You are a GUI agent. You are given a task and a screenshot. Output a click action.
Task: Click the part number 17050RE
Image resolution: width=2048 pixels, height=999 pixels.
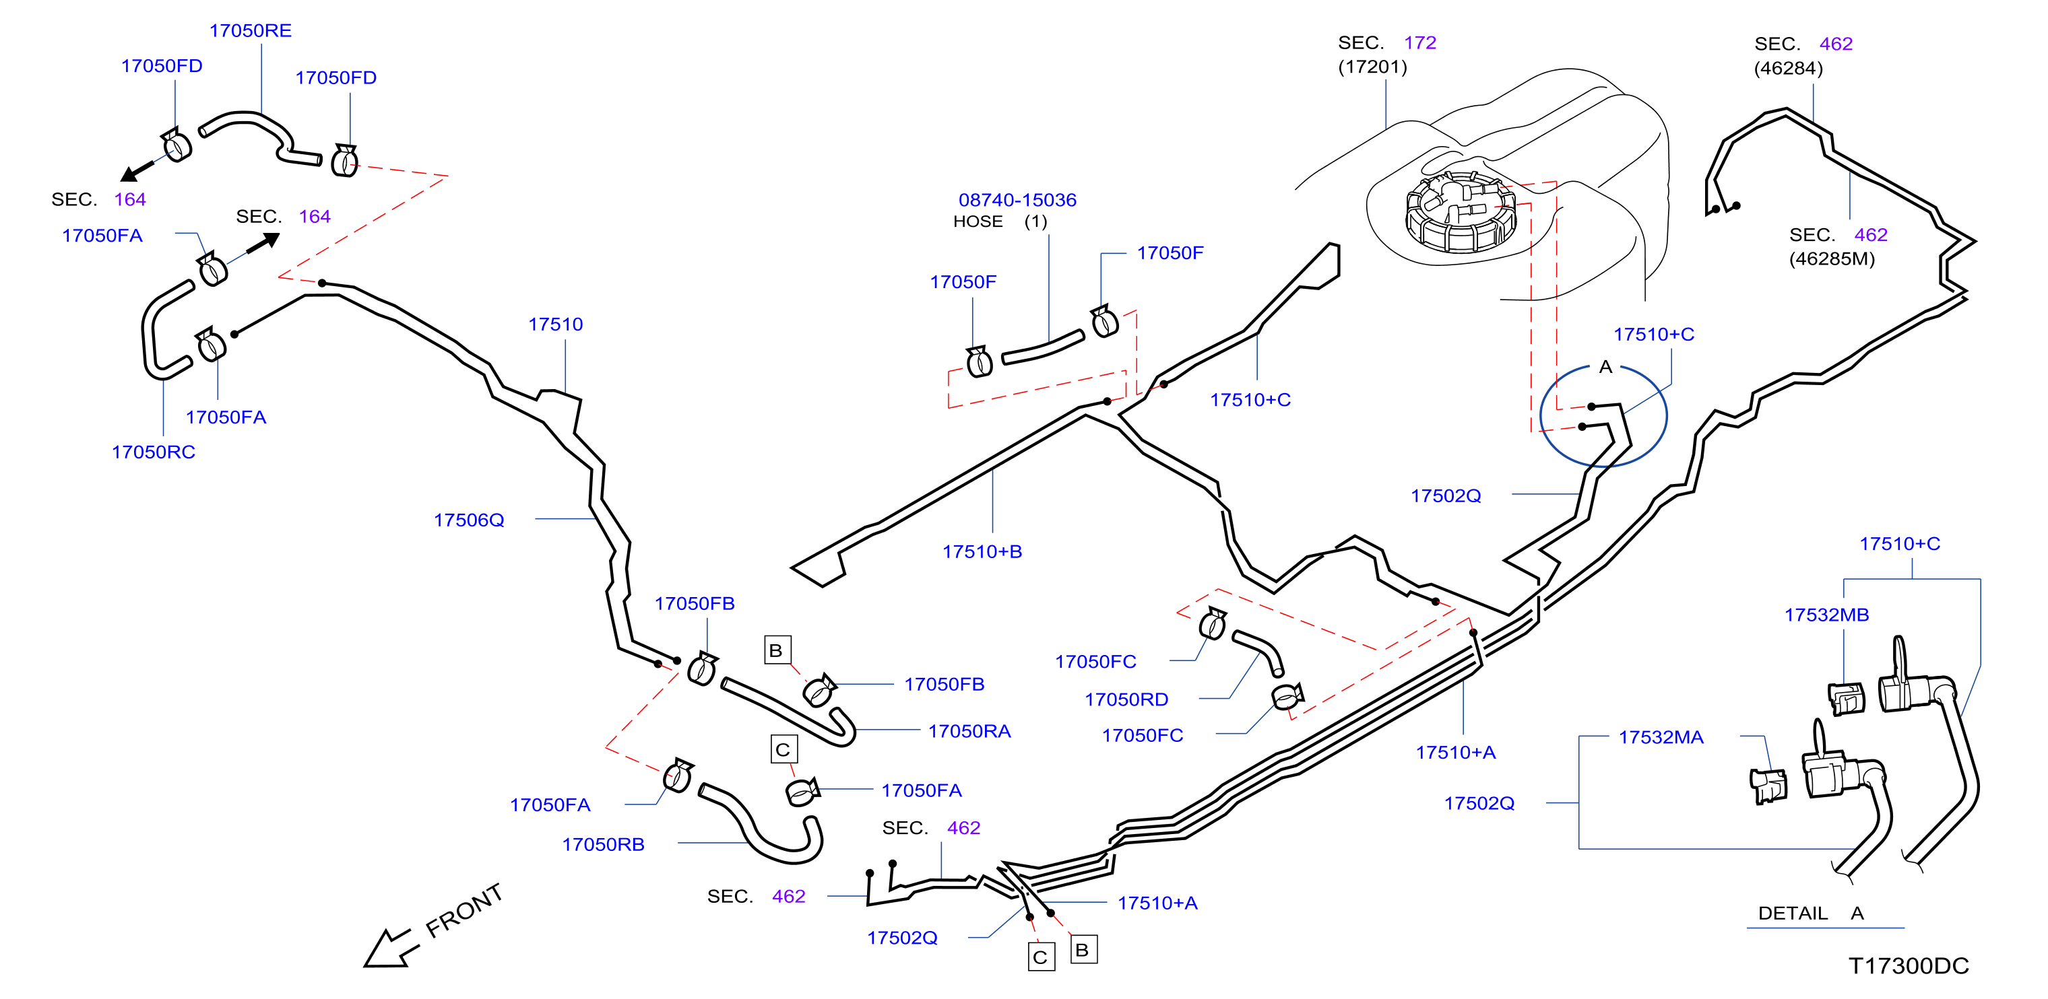pos(251,30)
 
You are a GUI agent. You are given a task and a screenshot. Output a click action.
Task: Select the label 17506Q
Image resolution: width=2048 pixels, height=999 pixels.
pos(469,520)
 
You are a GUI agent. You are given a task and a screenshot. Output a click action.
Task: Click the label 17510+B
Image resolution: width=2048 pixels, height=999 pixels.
pos(982,551)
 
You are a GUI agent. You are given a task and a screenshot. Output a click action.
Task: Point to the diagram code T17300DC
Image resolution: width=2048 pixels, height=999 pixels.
pos(1908,965)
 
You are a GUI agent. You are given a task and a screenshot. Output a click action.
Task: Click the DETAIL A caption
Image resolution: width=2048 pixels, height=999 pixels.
pos(1810,913)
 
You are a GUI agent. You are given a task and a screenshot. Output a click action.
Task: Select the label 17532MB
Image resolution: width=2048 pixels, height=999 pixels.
pos(1826,615)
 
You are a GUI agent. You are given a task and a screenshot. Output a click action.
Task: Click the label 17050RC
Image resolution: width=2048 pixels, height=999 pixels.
pos(154,452)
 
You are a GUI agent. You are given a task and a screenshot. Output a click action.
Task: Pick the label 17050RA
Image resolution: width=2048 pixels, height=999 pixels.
pos(969,731)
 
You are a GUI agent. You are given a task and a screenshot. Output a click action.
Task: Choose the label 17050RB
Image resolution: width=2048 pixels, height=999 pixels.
pos(603,845)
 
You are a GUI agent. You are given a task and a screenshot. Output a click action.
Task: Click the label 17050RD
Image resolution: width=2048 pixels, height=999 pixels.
pos(1126,699)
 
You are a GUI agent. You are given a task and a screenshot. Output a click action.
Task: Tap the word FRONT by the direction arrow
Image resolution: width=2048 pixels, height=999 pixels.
pos(464,911)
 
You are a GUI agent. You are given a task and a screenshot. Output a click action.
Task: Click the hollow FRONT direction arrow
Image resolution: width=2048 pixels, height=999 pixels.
pos(389,949)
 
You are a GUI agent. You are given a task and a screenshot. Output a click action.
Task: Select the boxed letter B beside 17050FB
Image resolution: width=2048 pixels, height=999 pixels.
pos(777,650)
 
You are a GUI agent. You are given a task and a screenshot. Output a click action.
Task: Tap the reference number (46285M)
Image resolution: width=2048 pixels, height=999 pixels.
pos(1832,259)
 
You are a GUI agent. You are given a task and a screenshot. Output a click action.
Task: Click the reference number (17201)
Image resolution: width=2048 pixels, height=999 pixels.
pos(1372,67)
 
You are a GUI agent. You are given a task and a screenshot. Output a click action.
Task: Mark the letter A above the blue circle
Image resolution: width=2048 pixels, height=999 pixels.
pos(1605,367)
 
